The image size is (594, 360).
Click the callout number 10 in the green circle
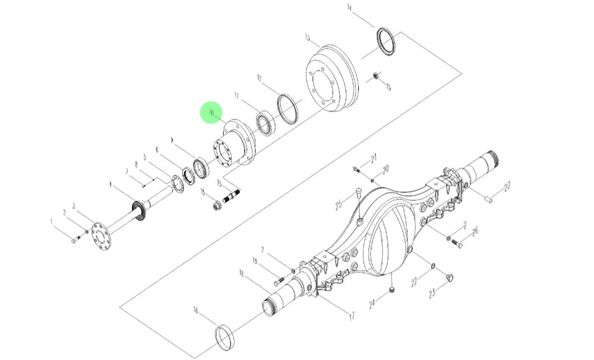[x=211, y=112]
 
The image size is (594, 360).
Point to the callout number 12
[x=260, y=78]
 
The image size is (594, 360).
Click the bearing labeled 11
[x=264, y=124]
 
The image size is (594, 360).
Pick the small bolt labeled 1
[x=74, y=240]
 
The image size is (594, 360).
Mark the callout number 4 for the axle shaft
[x=110, y=185]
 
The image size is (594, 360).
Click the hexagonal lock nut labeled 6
[x=189, y=176]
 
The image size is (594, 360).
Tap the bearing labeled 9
[x=201, y=168]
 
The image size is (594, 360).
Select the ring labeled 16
[x=225, y=336]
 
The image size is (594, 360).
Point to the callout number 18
[x=242, y=273]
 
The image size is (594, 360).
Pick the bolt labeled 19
[x=281, y=280]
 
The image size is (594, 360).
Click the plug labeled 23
[x=450, y=276]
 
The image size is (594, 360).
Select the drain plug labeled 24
[x=393, y=289]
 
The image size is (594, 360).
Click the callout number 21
[x=374, y=159]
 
